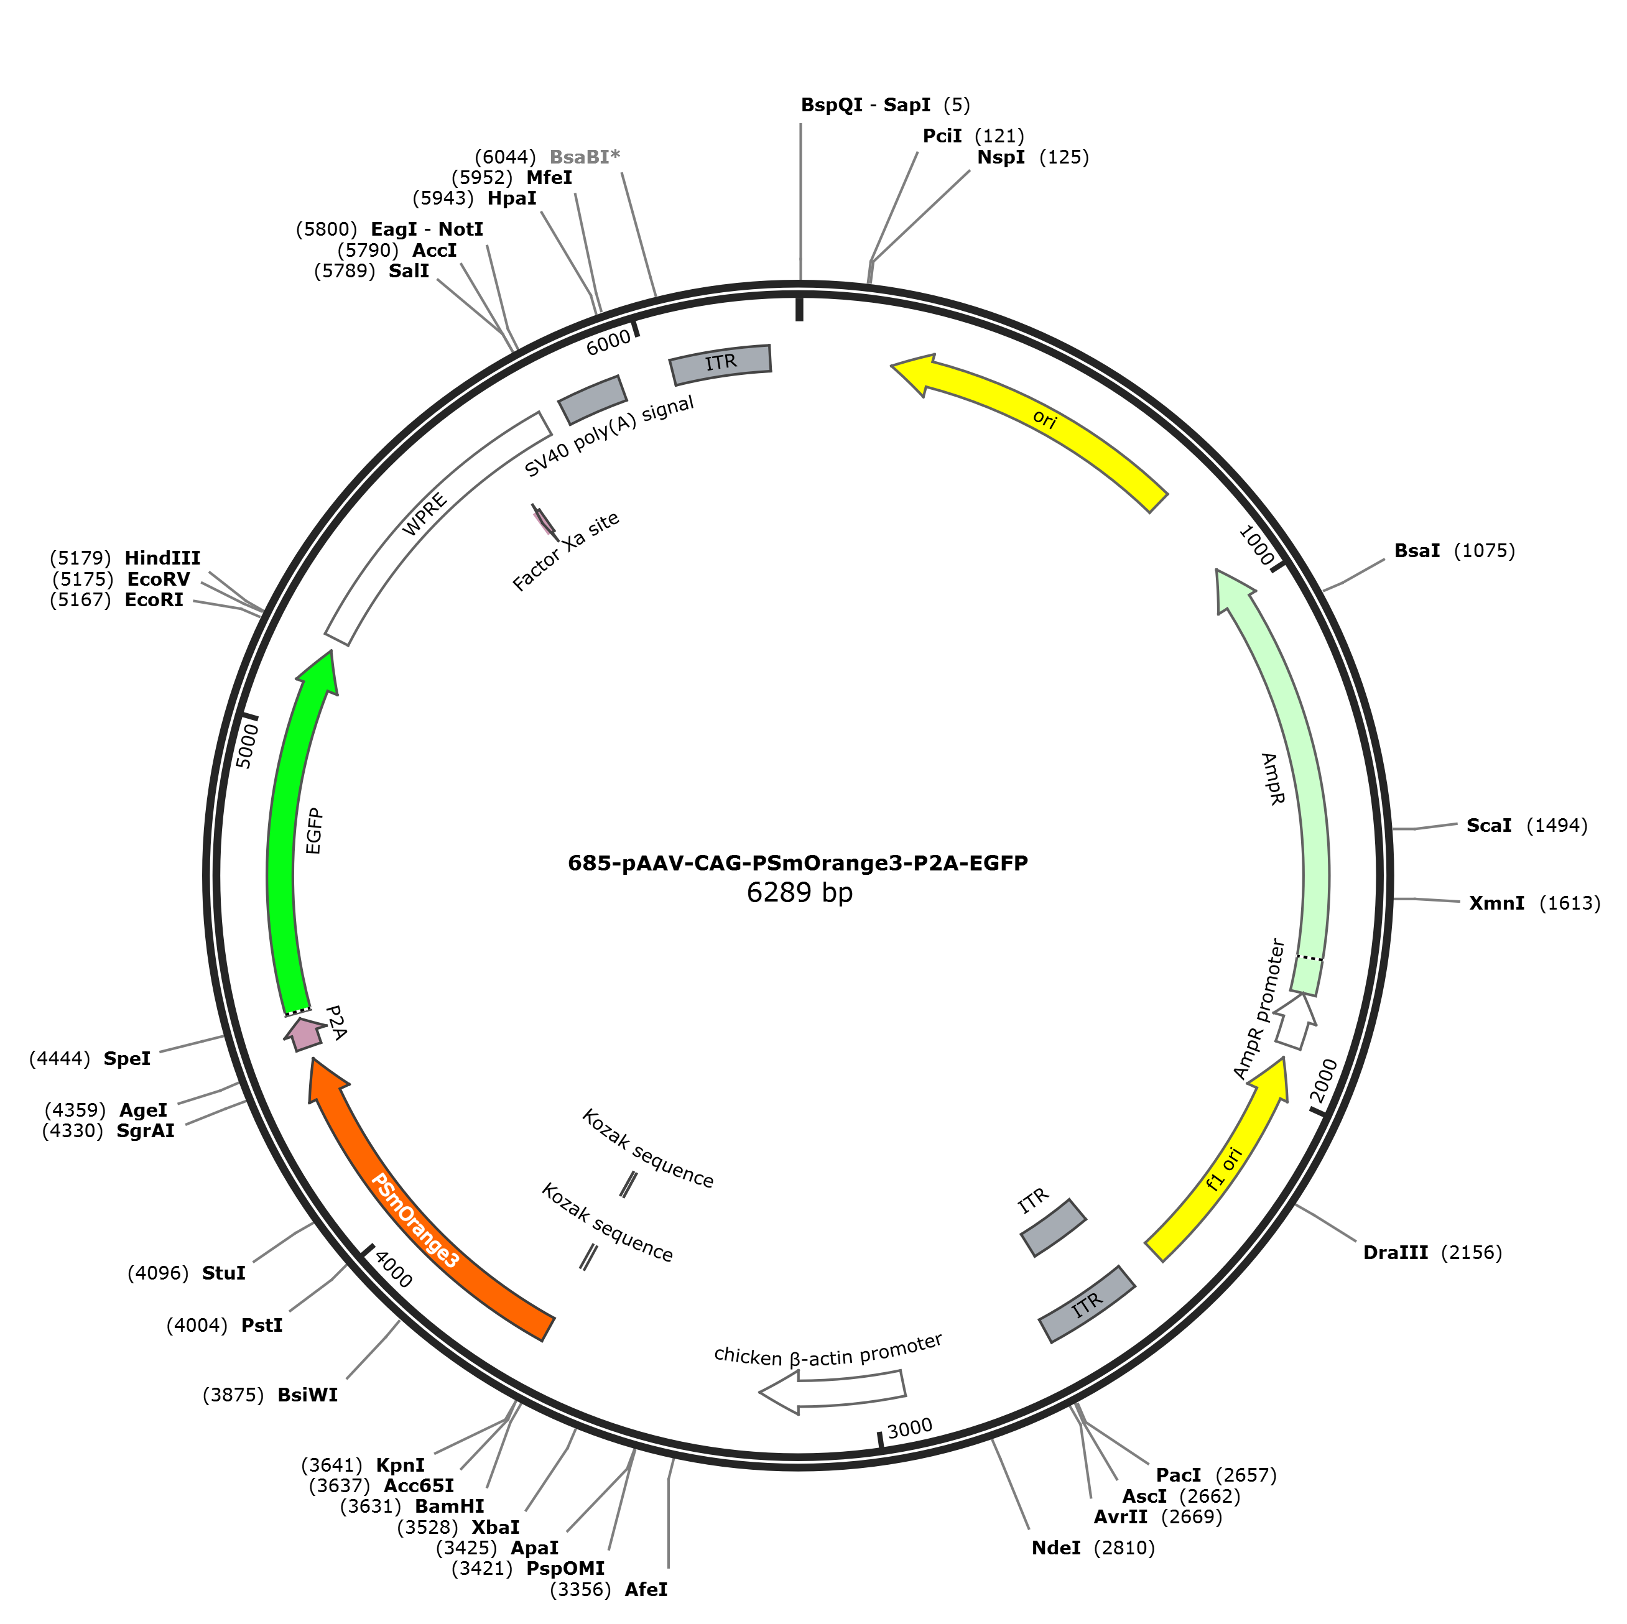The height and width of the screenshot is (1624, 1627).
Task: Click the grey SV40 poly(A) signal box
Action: (x=593, y=400)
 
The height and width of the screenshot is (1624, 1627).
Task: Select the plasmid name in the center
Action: (x=797, y=863)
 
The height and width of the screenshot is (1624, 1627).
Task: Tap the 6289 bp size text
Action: (x=799, y=892)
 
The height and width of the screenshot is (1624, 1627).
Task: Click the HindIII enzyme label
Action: (x=162, y=558)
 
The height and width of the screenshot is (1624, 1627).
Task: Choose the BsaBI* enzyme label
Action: (x=585, y=157)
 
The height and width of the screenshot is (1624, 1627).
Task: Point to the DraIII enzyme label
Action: (x=1396, y=1253)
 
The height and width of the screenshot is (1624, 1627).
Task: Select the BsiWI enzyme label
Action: (x=307, y=1395)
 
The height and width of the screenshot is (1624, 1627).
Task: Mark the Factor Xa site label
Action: (x=566, y=551)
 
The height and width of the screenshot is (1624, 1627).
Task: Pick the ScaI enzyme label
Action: (x=1489, y=826)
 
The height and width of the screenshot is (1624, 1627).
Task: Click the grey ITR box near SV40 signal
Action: (x=721, y=364)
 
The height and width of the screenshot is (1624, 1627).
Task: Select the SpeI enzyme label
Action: (x=127, y=1059)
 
